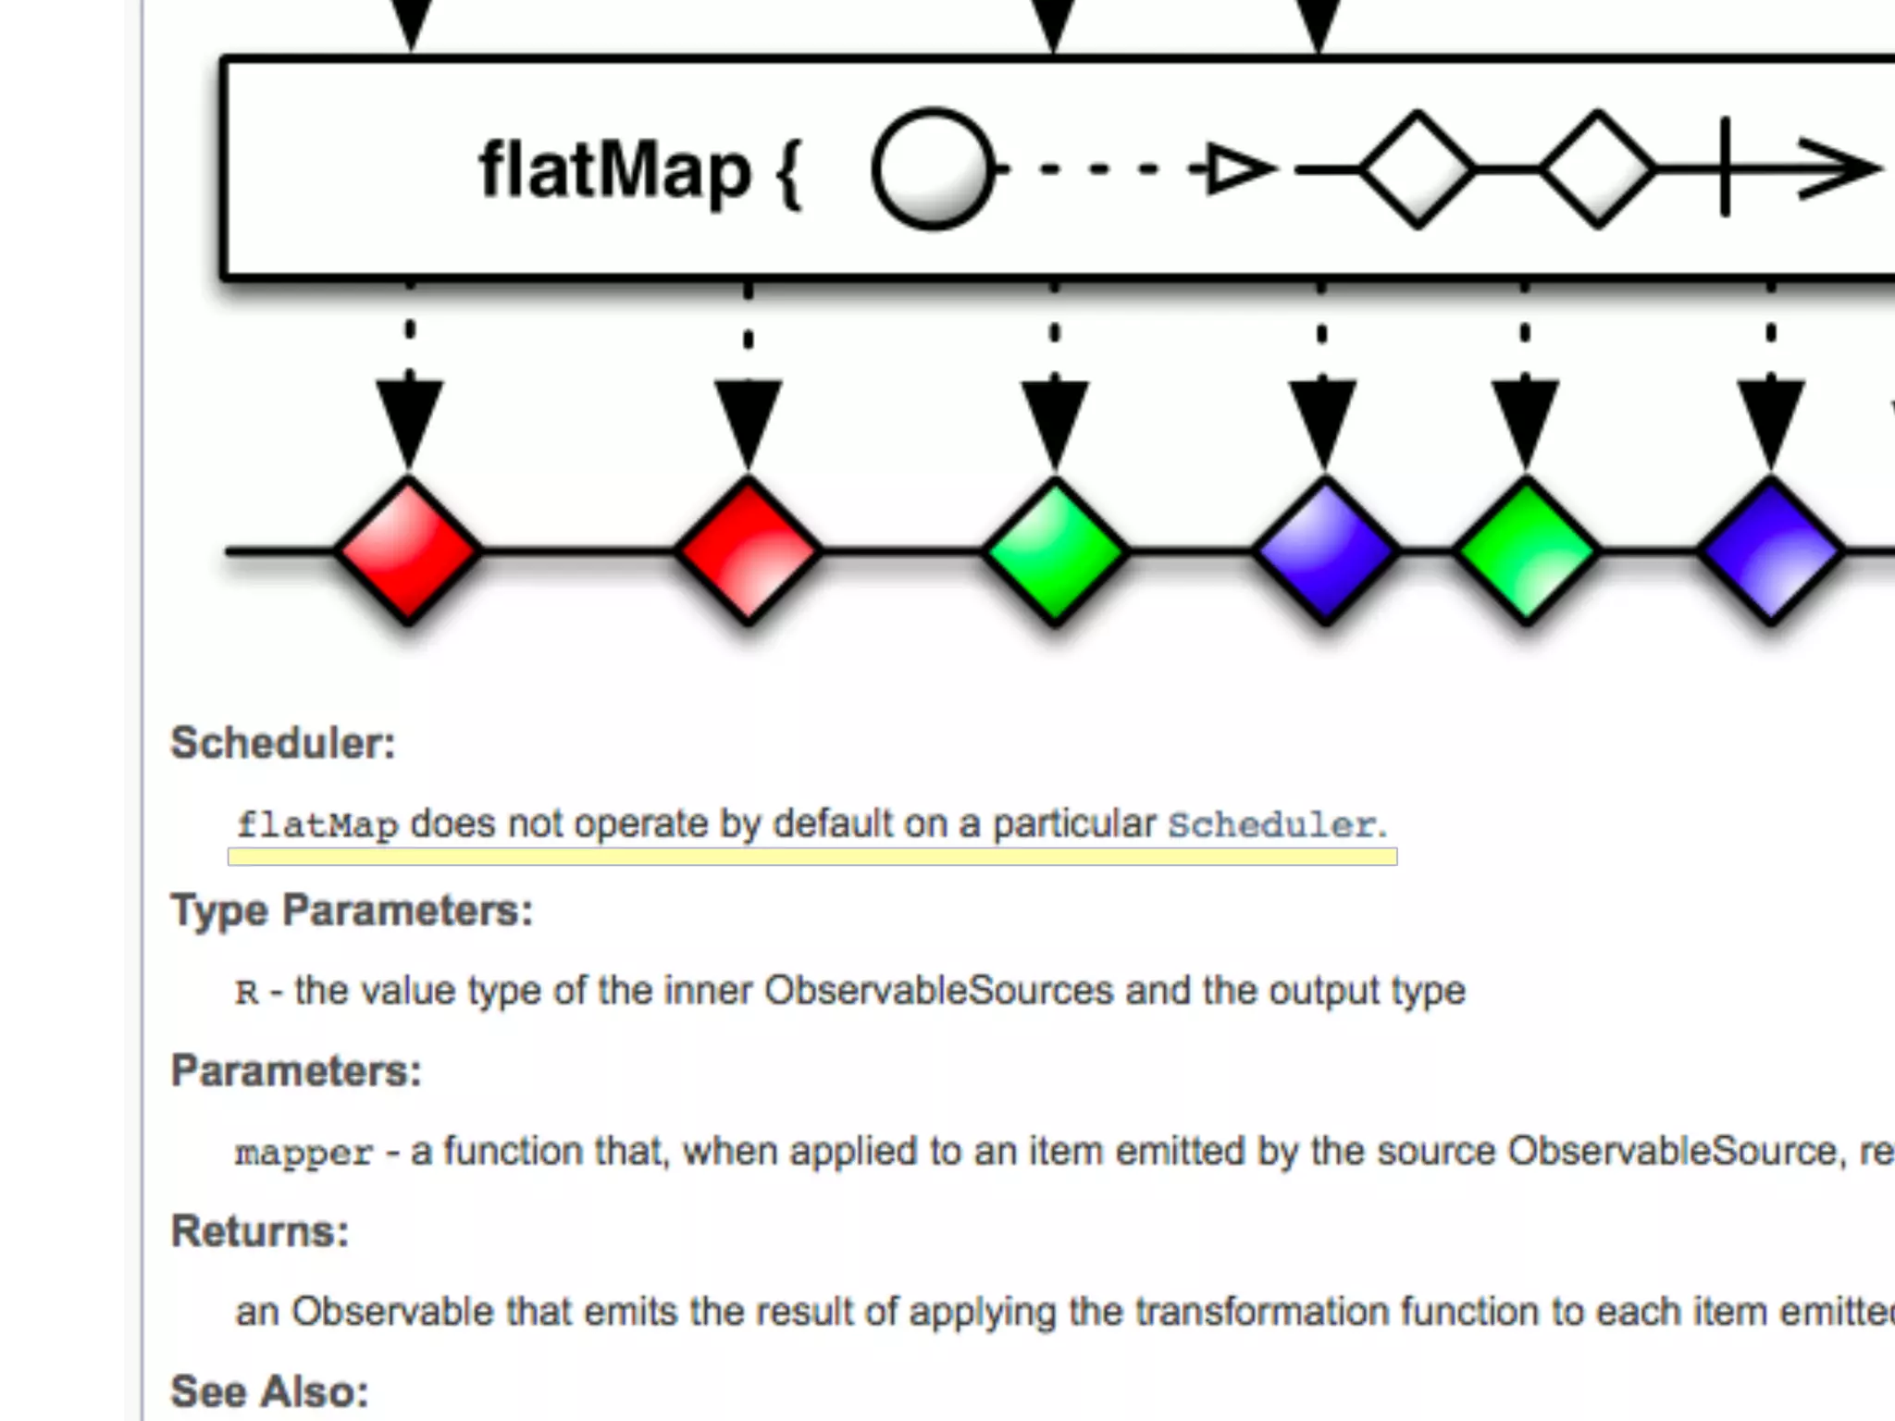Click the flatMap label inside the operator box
(x=614, y=171)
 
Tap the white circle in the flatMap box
(x=933, y=169)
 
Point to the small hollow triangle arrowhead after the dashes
(x=1236, y=169)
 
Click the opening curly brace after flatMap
(x=788, y=173)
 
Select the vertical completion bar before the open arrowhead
(x=1725, y=167)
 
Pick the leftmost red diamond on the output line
(x=408, y=551)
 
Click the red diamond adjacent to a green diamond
(x=748, y=551)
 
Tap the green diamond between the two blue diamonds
(x=1526, y=551)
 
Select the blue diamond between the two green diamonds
(x=1325, y=551)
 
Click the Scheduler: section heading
(x=283, y=743)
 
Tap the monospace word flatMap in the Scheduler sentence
(x=317, y=824)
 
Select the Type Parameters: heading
(x=352, y=910)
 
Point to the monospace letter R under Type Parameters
(x=246, y=993)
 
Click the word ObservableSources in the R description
(x=938, y=991)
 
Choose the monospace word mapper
(x=303, y=1154)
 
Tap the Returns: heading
(x=260, y=1231)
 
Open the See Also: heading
(x=269, y=1392)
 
